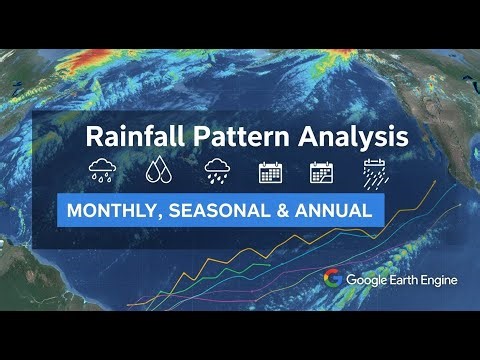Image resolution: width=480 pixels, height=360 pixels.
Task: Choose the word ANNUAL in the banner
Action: coord(334,211)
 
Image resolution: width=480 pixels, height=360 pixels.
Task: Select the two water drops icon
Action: coord(158,170)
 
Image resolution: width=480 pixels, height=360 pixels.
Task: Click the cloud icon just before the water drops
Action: coord(102,170)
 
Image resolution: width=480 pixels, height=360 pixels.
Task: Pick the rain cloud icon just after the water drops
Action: coord(215,170)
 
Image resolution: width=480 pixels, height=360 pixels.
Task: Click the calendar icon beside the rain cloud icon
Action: coord(270,170)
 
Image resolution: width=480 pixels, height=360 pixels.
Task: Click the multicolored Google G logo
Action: coord(332,279)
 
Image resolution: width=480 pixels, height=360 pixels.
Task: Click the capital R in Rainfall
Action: coord(92,135)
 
